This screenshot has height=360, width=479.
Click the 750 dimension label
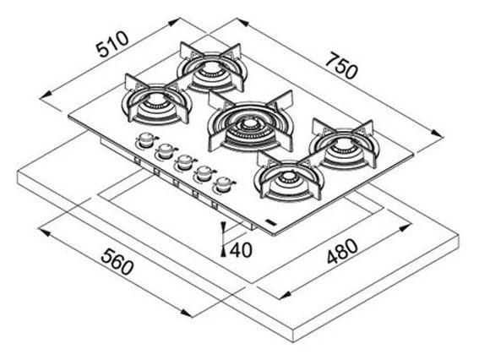(340, 65)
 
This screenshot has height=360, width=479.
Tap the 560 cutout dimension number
(117, 261)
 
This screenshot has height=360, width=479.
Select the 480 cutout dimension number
(342, 251)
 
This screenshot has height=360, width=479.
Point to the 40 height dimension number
(241, 250)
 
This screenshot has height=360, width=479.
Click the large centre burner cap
(250, 124)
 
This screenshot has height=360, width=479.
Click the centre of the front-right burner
(289, 177)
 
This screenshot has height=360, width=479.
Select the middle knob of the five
(184, 161)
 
